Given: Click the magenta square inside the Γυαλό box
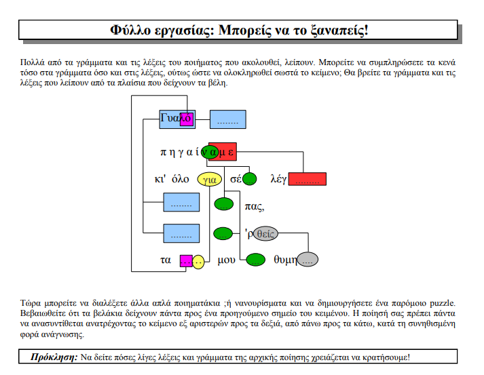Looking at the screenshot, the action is tap(187, 119).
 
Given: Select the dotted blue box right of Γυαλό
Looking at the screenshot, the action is tap(228, 119).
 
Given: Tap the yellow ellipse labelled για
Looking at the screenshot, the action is tap(210, 179).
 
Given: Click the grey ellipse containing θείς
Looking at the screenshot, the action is tap(265, 233).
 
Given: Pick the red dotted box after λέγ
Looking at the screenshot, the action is tap(307, 179).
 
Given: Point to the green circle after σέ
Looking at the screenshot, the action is tap(250, 179).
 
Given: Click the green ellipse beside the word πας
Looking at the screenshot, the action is tap(224, 204).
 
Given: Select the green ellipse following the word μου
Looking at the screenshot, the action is tap(255, 260).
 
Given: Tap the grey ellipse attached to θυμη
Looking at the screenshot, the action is tap(308, 259).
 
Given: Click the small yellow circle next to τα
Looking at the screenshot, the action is tap(198, 262).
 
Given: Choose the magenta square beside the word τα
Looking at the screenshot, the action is tap(187, 261).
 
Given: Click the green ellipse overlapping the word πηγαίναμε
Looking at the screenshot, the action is tap(210, 152).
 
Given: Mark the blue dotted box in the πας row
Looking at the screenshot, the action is tap(181, 202).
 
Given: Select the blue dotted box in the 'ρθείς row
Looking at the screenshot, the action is tap(181, 233).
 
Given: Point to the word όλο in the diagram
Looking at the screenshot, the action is tap(181, 179).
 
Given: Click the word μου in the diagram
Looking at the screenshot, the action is tap(226, 260).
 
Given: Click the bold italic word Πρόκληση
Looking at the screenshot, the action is tap(54, 357).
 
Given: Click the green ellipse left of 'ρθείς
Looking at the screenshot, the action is tap(223, 233).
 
